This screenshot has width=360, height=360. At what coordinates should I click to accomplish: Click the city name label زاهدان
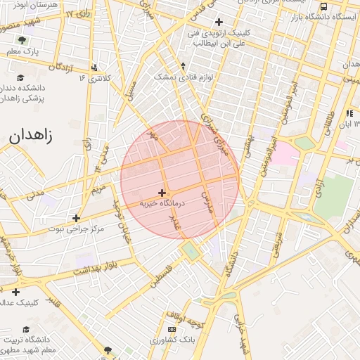(30, 136)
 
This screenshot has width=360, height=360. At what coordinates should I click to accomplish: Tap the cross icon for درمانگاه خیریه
(162, 193)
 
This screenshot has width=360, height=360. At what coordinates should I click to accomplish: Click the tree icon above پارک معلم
(22, 40)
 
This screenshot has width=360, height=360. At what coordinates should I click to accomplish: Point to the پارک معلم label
(22, 51)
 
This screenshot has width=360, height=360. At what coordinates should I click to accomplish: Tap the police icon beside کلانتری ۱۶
(95, 67)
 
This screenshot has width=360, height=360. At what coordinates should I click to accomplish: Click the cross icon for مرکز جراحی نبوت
(77, 218)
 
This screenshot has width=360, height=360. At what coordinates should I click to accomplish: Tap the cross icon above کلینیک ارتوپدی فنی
(219, 22)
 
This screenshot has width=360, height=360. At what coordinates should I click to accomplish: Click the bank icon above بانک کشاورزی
(172, 329)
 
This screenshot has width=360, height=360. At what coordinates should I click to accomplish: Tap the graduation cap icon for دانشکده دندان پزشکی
(20, 77)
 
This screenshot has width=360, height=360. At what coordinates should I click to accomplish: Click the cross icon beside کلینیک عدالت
(16, 292)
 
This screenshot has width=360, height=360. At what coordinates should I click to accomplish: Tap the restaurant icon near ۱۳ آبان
(350, 113)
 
